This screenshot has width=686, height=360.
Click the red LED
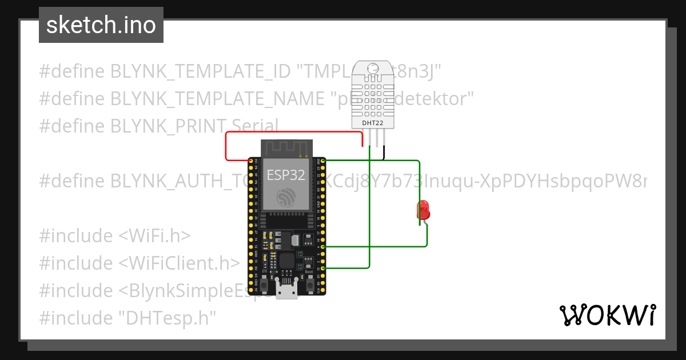coord(424,210)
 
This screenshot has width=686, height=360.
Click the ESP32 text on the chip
coord(286,175)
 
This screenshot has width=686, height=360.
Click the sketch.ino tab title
coord(101,25)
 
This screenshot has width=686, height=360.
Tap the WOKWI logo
coord(607,315)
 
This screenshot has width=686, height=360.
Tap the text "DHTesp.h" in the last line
coord(168,318)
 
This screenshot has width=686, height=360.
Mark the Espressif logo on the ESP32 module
coord(285,198)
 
